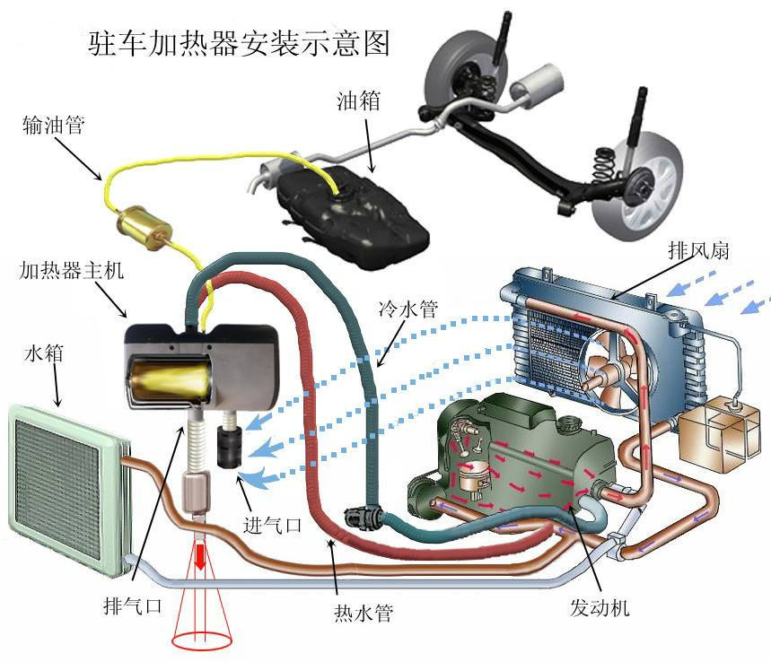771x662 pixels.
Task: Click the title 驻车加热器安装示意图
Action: [x=240, y=42]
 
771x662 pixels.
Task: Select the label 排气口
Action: [x=132, y=606]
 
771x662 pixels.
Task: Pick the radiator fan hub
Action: [x=602, y=374]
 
